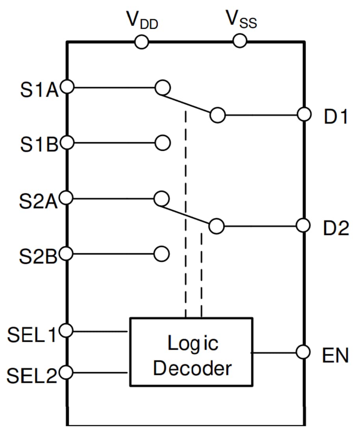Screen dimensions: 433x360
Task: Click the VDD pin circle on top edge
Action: [x=141, y=41]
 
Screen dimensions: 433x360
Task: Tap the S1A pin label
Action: [x=39, y=89]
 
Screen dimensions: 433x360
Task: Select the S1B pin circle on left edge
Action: [x=67, y=143]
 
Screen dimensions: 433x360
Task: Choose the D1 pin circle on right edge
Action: [x=304, y=115]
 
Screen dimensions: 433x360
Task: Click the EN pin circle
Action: [x=304, y=352]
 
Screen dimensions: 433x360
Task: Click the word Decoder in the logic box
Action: [x=192, y=369]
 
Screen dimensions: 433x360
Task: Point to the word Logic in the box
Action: [x=193, y=344]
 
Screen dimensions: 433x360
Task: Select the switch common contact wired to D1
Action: [x=217, y=115]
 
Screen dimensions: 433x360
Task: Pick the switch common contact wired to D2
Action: [x=217, y=226]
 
